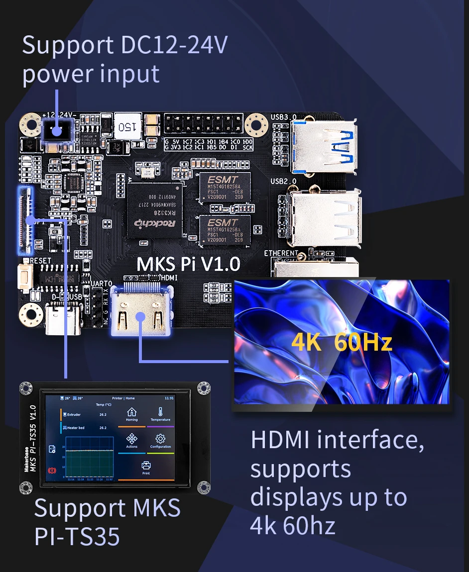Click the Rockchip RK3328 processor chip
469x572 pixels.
[155, 208]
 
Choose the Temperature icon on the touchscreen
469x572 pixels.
[160, 413]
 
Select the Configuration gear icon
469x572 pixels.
[160, 440]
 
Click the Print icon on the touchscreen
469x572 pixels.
[146, 467]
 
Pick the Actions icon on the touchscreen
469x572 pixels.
[131, 440]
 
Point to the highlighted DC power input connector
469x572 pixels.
[56, 132]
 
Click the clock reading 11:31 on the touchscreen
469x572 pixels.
[169, 398]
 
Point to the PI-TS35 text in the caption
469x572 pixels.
[77, 536]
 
